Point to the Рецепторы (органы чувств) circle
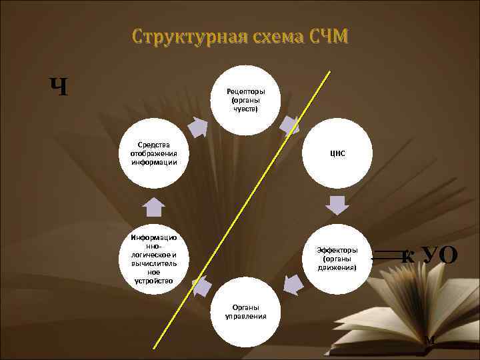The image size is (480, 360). (x=244, y=99)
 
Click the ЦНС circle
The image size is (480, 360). (x=337, y=153)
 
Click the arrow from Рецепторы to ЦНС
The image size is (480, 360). (x=289, y=126)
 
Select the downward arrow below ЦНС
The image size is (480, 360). (x=338, y=204)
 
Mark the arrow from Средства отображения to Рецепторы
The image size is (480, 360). (x=198, y=126)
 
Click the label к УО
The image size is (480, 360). (x=430, y=254)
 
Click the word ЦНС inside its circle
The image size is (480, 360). (x=337, y=153)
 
